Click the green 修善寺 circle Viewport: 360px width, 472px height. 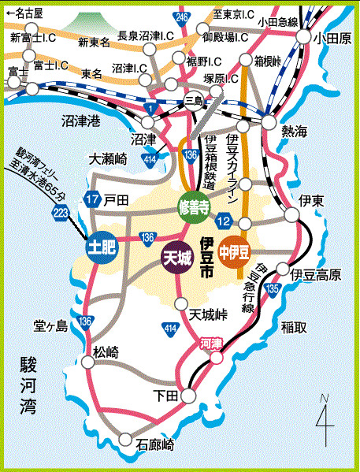193,207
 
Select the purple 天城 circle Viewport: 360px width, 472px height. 178,258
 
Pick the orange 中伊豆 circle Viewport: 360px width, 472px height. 234,252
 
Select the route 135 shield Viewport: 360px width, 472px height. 273,290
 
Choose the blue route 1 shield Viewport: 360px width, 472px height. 150,106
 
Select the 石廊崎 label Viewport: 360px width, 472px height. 156,444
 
